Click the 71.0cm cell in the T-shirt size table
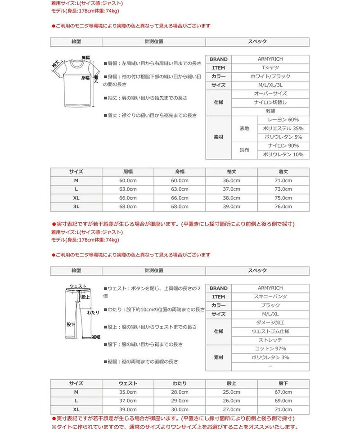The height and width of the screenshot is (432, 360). pos(283,180)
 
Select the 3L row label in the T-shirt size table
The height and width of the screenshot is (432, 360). pos(76,207)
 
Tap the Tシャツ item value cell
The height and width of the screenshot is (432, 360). pos(270,68)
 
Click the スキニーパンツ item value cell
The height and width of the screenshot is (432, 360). pos(270,297)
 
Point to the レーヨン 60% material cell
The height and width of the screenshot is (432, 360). pos(283,120)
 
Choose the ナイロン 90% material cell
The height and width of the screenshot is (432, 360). pos(283,146)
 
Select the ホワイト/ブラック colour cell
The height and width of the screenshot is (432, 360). pos(270,76)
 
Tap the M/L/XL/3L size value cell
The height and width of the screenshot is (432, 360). pos(270,85)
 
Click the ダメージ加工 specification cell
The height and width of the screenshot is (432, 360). pos(270,323)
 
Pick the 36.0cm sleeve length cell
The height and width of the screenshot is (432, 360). pos(231,180)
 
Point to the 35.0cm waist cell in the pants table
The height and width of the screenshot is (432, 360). pos(128,392)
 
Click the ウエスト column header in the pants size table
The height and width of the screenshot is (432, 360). pos(128,383)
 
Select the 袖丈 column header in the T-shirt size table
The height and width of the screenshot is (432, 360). pos(231,172)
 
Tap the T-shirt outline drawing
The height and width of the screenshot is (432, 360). pos(77,82)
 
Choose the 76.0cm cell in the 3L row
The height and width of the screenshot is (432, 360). pos(283,207)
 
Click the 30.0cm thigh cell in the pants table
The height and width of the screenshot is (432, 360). pos(180,409)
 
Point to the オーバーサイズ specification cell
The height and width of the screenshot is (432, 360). pos(270,94)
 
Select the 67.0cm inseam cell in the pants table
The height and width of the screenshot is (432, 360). pos(283,392)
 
